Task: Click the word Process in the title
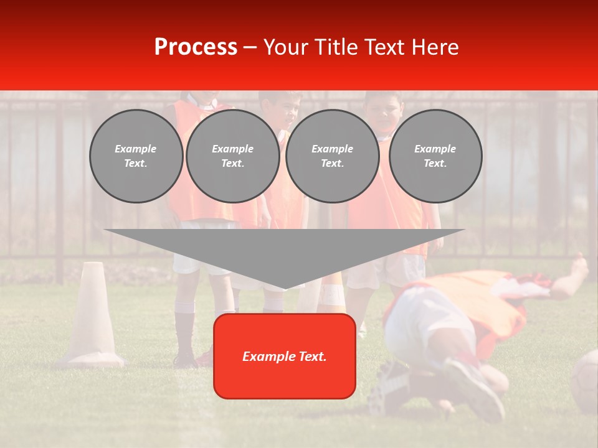tap(196, 47)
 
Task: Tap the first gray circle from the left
tap(136, 156)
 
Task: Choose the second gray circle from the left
tap(232, 156)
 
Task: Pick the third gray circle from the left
tap(332, 156)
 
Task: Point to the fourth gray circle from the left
tap(435, 156)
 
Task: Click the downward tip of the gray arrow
tap(285, 287)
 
